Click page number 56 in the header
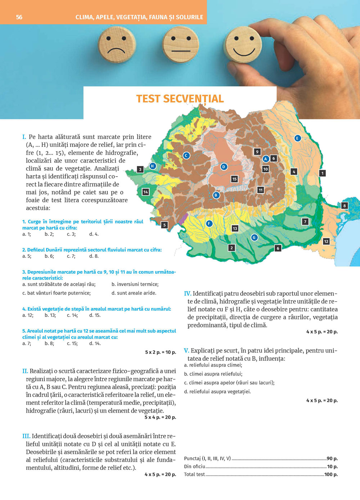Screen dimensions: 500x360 [x=19, y=17]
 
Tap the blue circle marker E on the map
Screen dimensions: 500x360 [x=297, y=138]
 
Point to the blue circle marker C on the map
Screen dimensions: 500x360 [x=186, y=155]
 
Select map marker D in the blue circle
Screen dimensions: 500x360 [x=224, y=167]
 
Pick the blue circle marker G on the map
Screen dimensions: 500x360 [x=254, y=237]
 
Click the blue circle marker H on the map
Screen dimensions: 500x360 [x=152, y=166]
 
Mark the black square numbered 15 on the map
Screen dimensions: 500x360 [x=234, y=179]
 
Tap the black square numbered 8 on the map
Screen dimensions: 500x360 [x=345, y=206]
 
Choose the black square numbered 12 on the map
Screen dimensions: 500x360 [x=326, y=241]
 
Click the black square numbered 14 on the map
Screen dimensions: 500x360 [x=145, y=192]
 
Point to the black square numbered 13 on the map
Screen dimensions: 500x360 [x=235, y=228]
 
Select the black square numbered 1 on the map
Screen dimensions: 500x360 [x=322, y=173]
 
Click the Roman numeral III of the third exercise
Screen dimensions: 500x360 [x=26, y=436]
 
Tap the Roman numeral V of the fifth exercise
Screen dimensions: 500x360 [x=186, y=351]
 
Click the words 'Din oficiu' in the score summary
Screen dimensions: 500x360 [x=194, y=467]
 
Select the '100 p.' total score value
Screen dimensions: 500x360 [x=331, y=474]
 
